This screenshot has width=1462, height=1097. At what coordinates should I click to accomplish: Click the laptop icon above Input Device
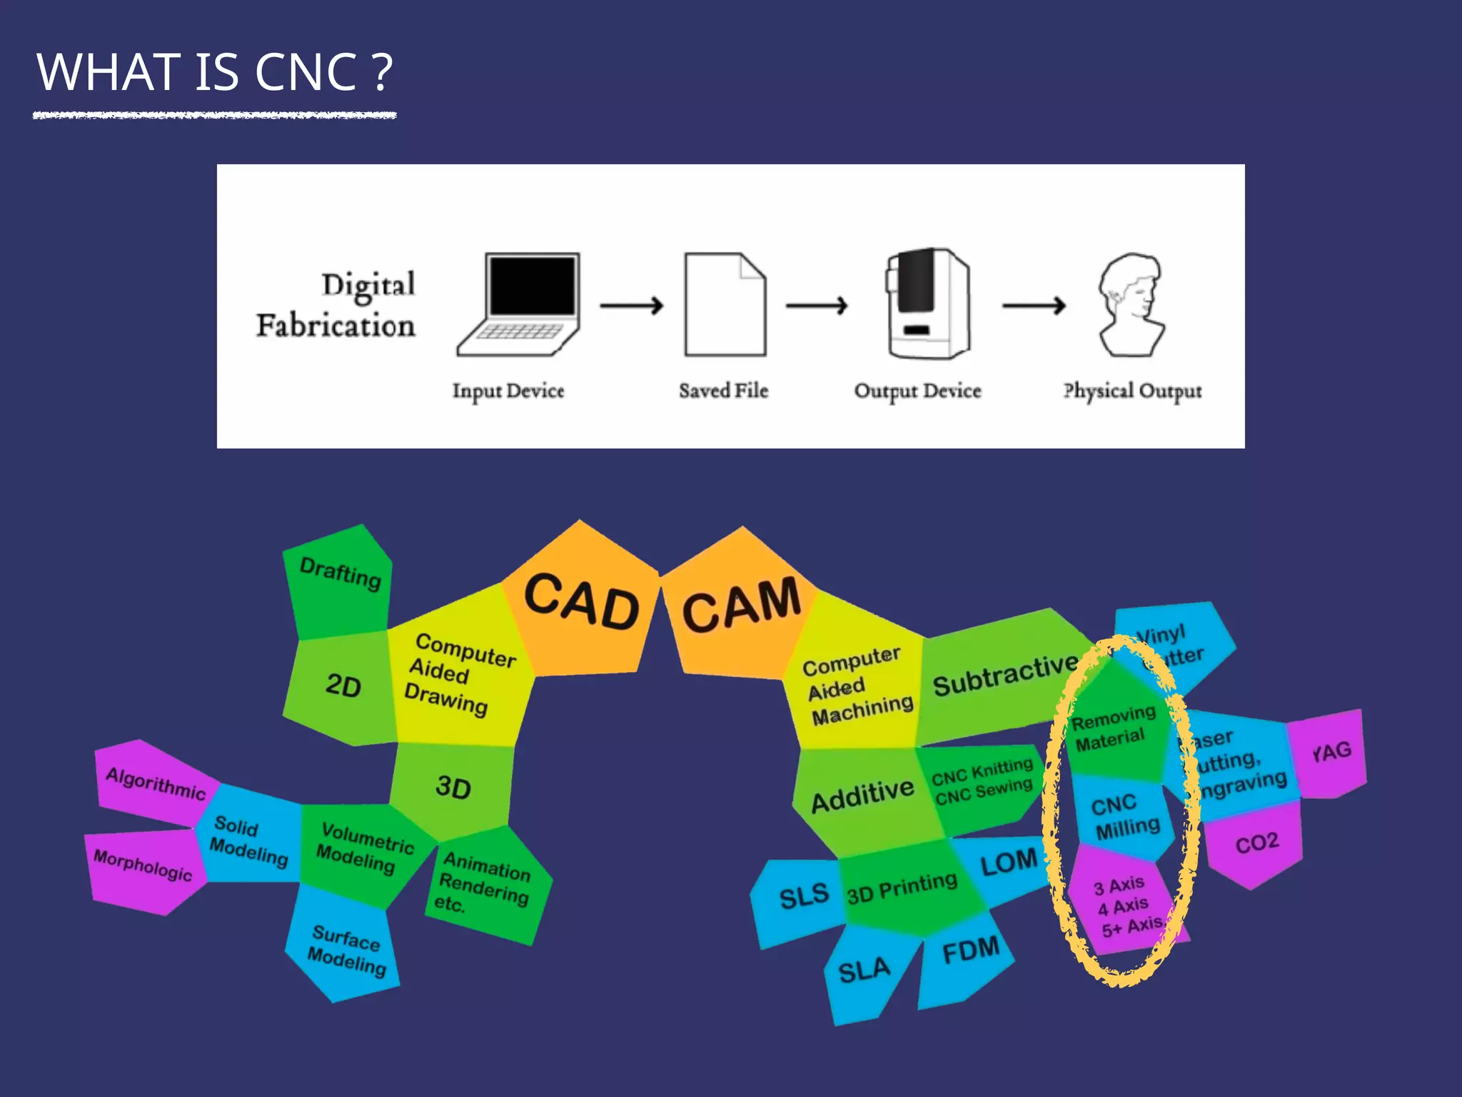(519, 304)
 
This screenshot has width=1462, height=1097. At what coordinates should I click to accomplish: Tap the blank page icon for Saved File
(725, 304)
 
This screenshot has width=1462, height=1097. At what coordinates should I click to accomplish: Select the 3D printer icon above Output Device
(927, 304)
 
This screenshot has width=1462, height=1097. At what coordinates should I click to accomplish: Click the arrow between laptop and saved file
(631, 306)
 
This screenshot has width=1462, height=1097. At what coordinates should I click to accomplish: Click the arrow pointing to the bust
(1034, 306)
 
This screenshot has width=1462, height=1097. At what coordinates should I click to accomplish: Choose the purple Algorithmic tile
(154, 782)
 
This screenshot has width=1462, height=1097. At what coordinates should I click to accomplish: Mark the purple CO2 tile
(1255, 844)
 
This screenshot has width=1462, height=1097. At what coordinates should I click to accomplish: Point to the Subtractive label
(1005, 675)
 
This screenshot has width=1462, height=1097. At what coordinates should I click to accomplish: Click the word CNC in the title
(306, 72)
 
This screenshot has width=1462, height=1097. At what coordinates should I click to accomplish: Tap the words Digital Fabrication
(337, 306)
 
